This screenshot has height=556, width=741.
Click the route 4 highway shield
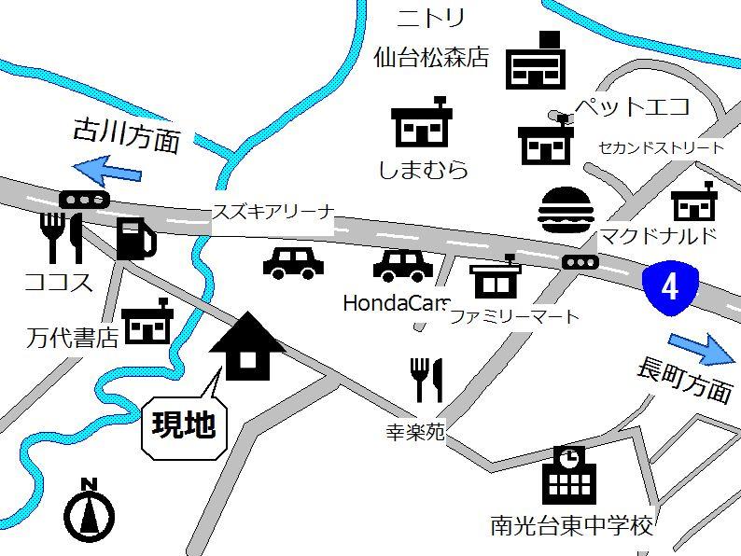669,286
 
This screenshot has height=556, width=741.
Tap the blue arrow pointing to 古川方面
106,171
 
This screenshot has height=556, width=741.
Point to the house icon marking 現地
247,347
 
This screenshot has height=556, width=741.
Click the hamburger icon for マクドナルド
565,210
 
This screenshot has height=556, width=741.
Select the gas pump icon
135,239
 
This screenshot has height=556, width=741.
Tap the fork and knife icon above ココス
62,238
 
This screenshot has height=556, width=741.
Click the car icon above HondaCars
403,266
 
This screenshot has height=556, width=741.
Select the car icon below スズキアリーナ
293,263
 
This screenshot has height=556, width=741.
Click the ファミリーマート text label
514,316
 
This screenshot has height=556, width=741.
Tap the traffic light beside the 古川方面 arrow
84,200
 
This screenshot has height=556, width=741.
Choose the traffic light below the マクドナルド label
580,262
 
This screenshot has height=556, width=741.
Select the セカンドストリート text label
661,147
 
